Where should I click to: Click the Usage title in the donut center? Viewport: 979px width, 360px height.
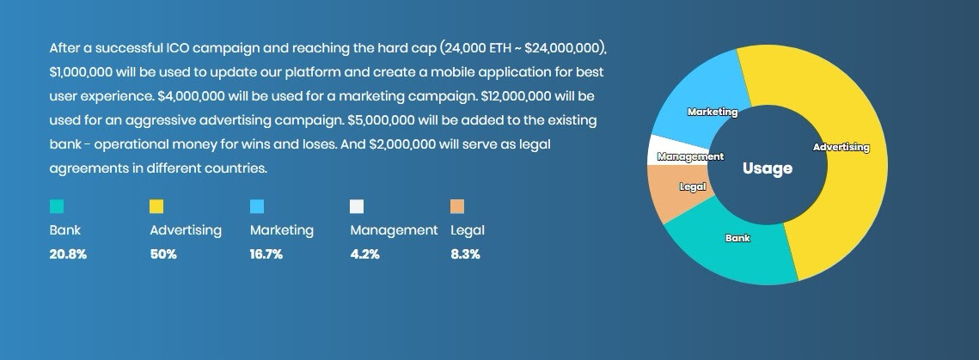click(x=768, y=168)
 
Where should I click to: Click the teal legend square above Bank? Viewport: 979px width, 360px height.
click(x=56, y=206)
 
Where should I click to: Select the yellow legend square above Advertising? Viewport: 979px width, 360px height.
click(x=156, y=206)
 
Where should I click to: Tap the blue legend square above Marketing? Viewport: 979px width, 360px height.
click(x=257, y=206)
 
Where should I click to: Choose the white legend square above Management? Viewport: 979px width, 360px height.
click(x=358, y=206)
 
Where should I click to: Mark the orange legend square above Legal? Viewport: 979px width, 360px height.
click(x=457, y=206)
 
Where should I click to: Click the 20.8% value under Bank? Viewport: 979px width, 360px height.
click(x=68, y=254)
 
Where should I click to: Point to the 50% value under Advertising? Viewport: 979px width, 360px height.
click(x=163, y=254)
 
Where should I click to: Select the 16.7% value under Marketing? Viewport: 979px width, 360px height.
click(x=266, y=254)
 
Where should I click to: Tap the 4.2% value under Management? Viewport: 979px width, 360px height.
click(x=364, y=254)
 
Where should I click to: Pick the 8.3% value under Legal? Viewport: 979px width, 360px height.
click(x=465, y=254)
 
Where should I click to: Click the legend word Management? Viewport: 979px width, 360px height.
click(x=394, y=230)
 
